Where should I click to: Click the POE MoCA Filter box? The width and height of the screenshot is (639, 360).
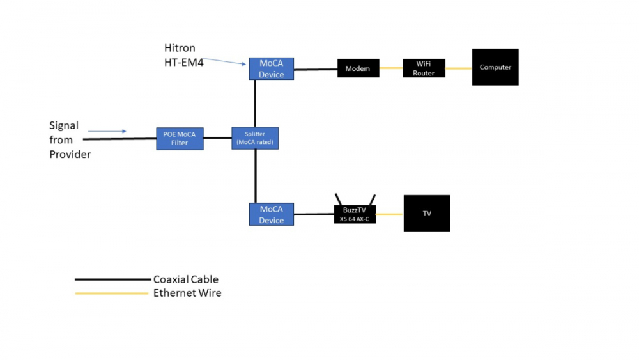(x=180, y=138)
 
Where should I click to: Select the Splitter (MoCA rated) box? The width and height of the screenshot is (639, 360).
(x=254, y=138)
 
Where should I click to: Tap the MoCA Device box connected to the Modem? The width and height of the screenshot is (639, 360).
(x=271, y=69)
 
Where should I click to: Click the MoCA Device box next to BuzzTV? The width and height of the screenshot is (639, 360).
(x=271, y=214)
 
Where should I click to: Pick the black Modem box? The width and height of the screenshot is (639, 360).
(x=358, y=68)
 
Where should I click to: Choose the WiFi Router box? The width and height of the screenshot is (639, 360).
(x=424, y=68)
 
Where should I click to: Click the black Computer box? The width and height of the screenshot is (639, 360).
(x=495, y=67)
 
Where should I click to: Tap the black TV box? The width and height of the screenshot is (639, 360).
(x=427, y=214)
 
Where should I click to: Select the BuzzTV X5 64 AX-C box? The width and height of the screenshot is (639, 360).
(x=355, y=214)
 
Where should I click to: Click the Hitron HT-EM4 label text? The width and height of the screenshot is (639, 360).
(x=184, y=55)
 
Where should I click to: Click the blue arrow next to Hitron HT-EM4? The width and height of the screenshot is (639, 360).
(x=226, y=60)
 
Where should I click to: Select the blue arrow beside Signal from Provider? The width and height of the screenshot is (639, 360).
(x=107, y=131)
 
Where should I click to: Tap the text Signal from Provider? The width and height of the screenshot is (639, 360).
(x=69, y=140)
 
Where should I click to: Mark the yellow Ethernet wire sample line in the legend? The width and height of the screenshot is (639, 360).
(x=112, y=293)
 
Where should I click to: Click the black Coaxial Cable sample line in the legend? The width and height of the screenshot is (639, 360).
(x=112, y=279)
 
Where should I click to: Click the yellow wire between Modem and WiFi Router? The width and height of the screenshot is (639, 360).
(x=390, y=68)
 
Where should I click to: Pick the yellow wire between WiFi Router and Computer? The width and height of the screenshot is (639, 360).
(x=458, y=68)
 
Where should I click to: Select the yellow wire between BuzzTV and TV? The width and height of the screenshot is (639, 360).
(x=390, y=214)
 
